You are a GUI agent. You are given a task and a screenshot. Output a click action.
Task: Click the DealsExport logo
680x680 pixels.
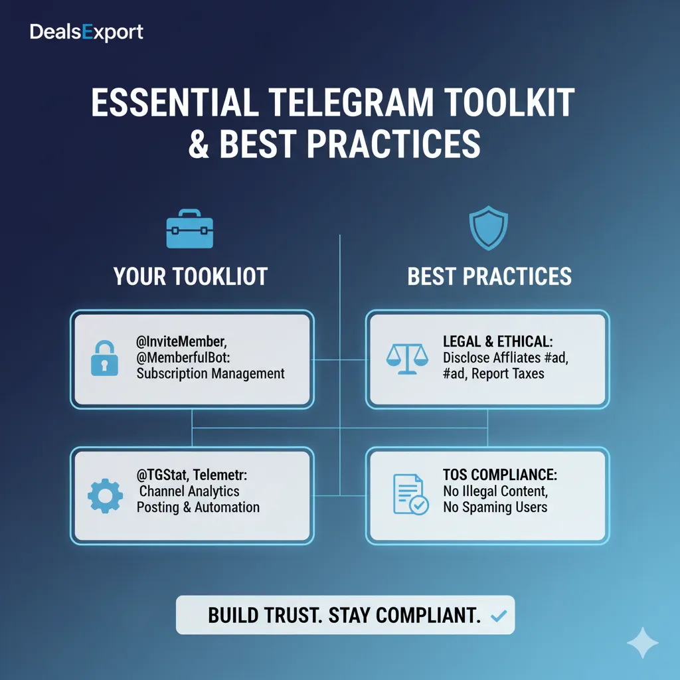[x=86, y=32]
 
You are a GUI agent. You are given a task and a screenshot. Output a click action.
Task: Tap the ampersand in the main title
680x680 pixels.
[x=199, y=143]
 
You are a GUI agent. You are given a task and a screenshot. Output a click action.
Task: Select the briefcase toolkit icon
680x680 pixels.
[x=190, y=230]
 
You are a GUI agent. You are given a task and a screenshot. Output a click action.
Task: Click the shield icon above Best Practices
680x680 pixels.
[x=488, y=228]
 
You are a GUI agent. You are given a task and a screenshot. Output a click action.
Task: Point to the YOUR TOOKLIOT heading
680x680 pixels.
[x=190, y=276]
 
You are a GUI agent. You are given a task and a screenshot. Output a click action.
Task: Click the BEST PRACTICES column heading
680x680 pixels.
[x=489, y=276]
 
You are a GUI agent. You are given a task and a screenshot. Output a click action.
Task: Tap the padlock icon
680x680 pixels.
[x=104, y=359]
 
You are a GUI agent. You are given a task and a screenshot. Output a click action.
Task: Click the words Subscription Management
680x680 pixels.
[x=211, y=373]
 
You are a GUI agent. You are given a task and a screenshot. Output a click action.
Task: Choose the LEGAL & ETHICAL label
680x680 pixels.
[x=497, y=341]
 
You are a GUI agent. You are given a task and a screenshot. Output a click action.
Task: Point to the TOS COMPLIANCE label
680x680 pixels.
[x=499, y=475]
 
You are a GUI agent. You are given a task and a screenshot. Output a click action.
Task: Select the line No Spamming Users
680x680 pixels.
[x=495, y=507]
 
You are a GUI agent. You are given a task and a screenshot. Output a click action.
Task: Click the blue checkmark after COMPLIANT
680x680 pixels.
[x=497, y=617]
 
